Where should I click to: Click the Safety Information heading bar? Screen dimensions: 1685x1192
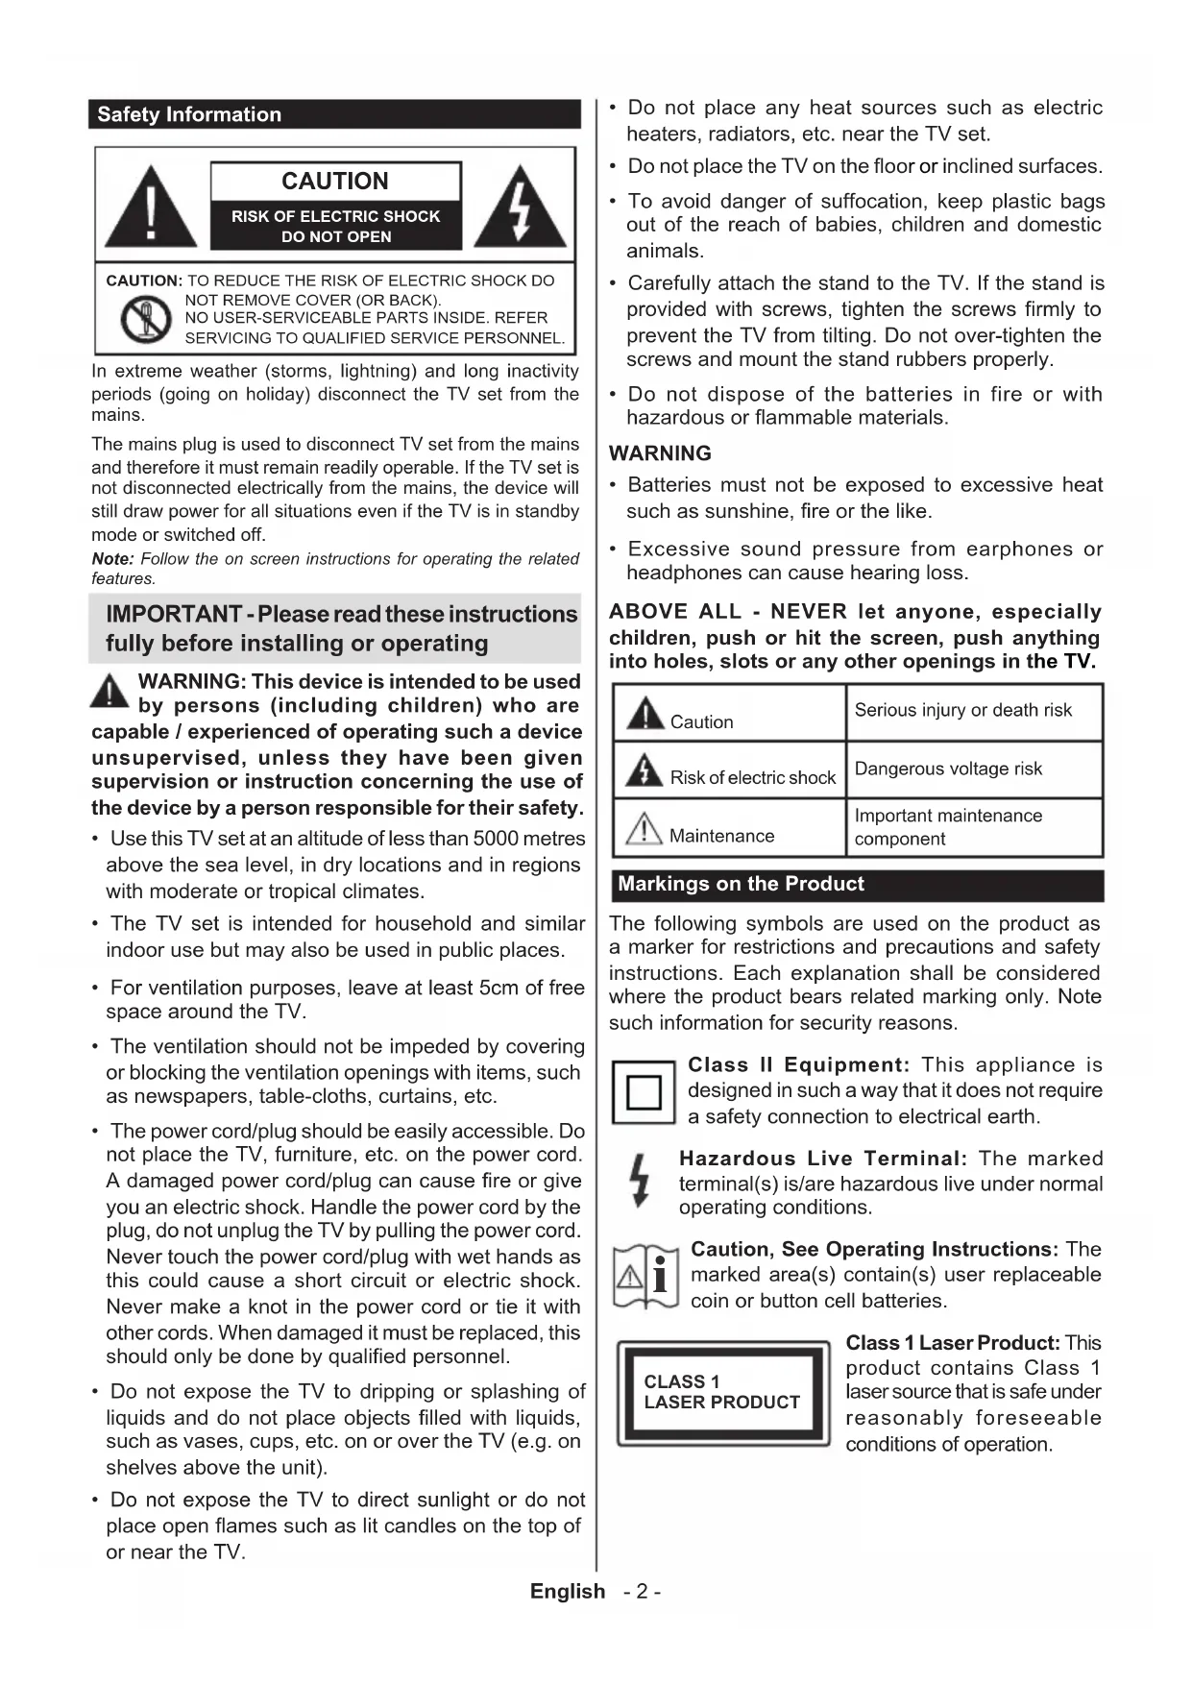[x=334, y=114]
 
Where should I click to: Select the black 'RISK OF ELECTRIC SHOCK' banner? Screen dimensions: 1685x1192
[x=335, y=226]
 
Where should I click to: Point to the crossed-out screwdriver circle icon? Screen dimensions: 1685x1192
[x=144, y=319]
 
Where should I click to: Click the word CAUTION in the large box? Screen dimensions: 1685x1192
[x=335, y=181]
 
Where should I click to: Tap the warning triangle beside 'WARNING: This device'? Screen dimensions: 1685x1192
[x=110, y=692]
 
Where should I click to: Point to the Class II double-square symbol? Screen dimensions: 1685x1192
[x=644, y=1092]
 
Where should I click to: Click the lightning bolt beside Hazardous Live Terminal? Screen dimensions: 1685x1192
[x=639, y=1180]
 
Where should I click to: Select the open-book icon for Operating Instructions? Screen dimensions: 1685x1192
[x=645, y=1277]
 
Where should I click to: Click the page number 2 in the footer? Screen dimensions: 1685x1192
[x=642, y=1592]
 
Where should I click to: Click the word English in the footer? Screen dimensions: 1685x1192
[x=568, y=1592]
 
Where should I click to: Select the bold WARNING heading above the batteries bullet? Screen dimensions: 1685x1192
[x=661, y=453]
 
